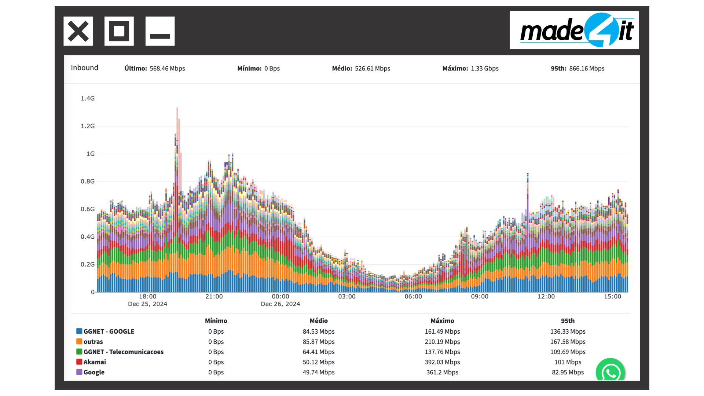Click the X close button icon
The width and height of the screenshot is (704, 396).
pyautogui.click(x=78, y=31)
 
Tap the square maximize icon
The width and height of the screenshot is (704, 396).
pyautogui.click(x=119, y=31)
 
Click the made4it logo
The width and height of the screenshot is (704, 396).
pyautogui.click(x=574, y=30)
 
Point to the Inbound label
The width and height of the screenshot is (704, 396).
pyautogui.click(x=84, y=68)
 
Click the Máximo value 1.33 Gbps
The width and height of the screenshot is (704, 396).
pyautogui.click(x=484, y=69)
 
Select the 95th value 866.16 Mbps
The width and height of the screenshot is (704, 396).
pyautogui.click(x=587, y=69)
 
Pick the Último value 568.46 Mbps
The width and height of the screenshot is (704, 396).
pyautogui.click(x=167, y=69)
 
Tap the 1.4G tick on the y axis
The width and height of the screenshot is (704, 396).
pyautogui.click(x=88, y=98)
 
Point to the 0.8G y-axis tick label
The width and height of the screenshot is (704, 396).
pyautogui.click(x=88, y=181)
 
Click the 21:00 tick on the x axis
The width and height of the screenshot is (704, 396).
pyautogui.click(x=214, y=296)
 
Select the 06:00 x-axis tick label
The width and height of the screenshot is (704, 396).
pyautogui.click(x=413, y=296)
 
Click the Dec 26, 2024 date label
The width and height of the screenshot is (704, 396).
pyautogui.click(x=280, y=304)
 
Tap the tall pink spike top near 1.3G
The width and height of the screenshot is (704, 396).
pyautogui.click(x=177, y=109)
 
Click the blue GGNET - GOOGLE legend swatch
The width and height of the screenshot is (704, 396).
pyautogui.click(x=79, y=331)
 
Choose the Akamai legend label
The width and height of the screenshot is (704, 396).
pyautogui.click(x=95, y=362)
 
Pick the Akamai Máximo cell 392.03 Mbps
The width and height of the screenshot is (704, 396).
pyautogui.click(x=442, y=362)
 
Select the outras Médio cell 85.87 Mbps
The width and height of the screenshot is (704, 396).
pyautogui.click(x=319, y=342)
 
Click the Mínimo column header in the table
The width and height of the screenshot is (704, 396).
pyautogui.click(x=216, y=321)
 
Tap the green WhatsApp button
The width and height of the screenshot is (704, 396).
pyautogui.click(x=610, y=372)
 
